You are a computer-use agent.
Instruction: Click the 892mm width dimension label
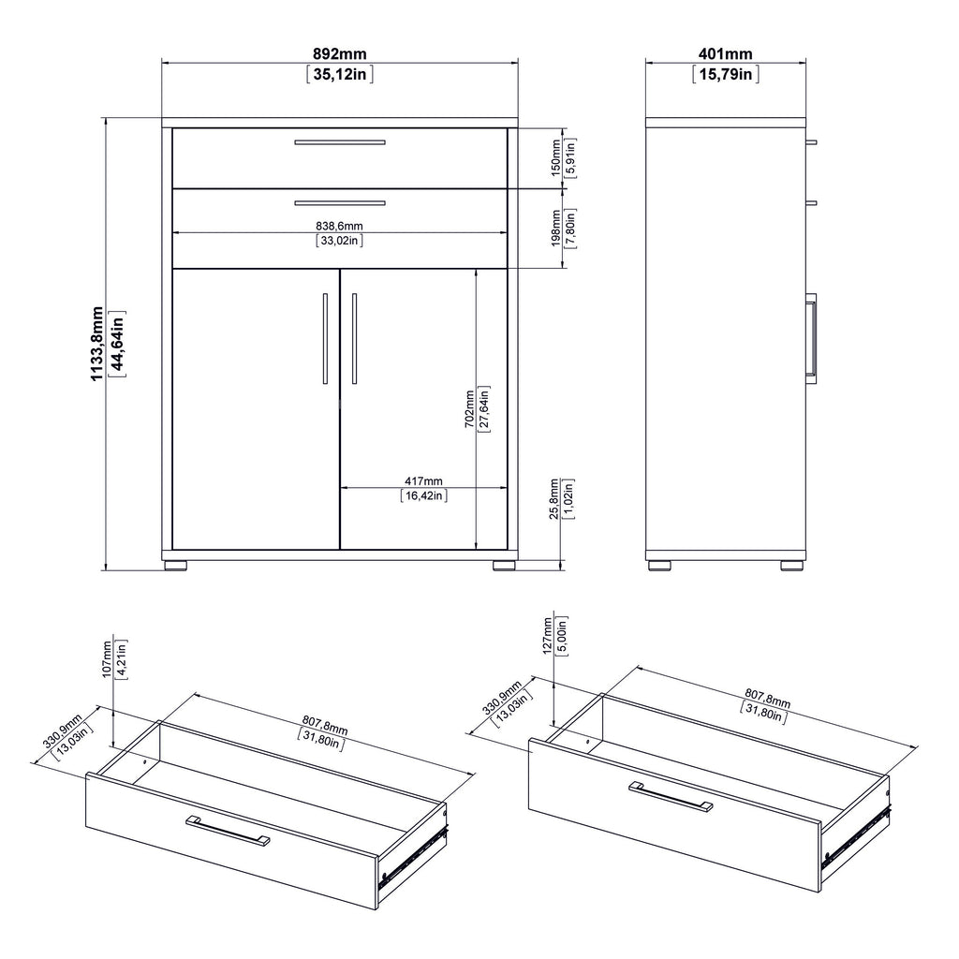click(x=340, y=54)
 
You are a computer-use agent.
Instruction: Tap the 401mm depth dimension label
click(x=725, y=54)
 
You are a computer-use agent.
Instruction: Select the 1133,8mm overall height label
click(x=96, y=343)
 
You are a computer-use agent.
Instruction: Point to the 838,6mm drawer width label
click(x=340, y=225)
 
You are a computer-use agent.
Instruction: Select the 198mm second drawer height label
click(x=555, y=228)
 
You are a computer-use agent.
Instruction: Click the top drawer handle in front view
click(x=340, y=142)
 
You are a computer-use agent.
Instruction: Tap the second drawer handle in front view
click(x=340, y=202)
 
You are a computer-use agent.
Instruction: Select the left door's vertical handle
click(x=325, y=338)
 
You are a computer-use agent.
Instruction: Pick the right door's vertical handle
click(x=354, y=338)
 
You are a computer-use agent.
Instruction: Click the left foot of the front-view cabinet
click(x=175, y=565)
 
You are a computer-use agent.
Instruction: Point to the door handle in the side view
click(x=813, y=335)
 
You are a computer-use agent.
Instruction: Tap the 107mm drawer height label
click(x=107, y=658)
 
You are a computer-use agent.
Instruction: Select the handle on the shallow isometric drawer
click(x=228, y=831)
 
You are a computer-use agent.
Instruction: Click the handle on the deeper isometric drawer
click(x=671, y=795)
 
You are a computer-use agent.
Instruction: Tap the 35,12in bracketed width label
click(x=340, y=75)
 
